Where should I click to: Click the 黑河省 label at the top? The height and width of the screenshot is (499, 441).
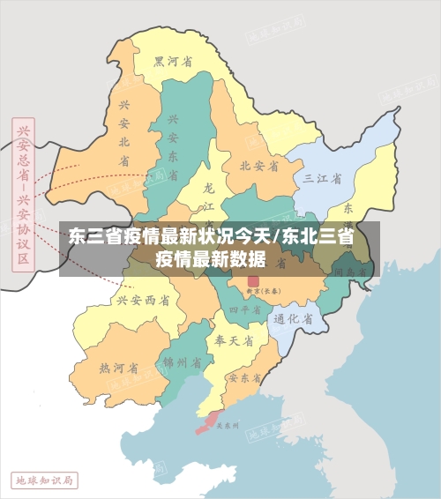tap(173, 61)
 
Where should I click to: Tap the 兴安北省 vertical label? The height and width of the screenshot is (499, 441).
tap(124, 132)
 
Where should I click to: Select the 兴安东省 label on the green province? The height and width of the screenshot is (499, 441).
tap(173, 145)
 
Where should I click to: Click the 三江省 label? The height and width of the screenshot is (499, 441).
tap(322, 178)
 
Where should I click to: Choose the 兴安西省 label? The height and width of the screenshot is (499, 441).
tap(142, 301)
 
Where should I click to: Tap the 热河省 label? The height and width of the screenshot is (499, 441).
tap(118, 368)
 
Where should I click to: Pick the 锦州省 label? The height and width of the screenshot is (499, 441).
tap(183, 362)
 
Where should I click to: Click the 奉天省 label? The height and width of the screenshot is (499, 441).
tap(234, 339)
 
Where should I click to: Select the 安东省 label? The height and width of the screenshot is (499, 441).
tap(244, 377)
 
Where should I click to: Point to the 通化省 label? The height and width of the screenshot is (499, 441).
tap(294, 319)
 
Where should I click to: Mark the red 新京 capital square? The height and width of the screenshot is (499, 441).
tap(253, 281)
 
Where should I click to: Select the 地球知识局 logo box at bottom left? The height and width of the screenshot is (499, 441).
tap(44, 480)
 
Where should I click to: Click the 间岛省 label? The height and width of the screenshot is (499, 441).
tap(350, 272)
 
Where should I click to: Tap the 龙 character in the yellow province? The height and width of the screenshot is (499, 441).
tap(208, 188)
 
